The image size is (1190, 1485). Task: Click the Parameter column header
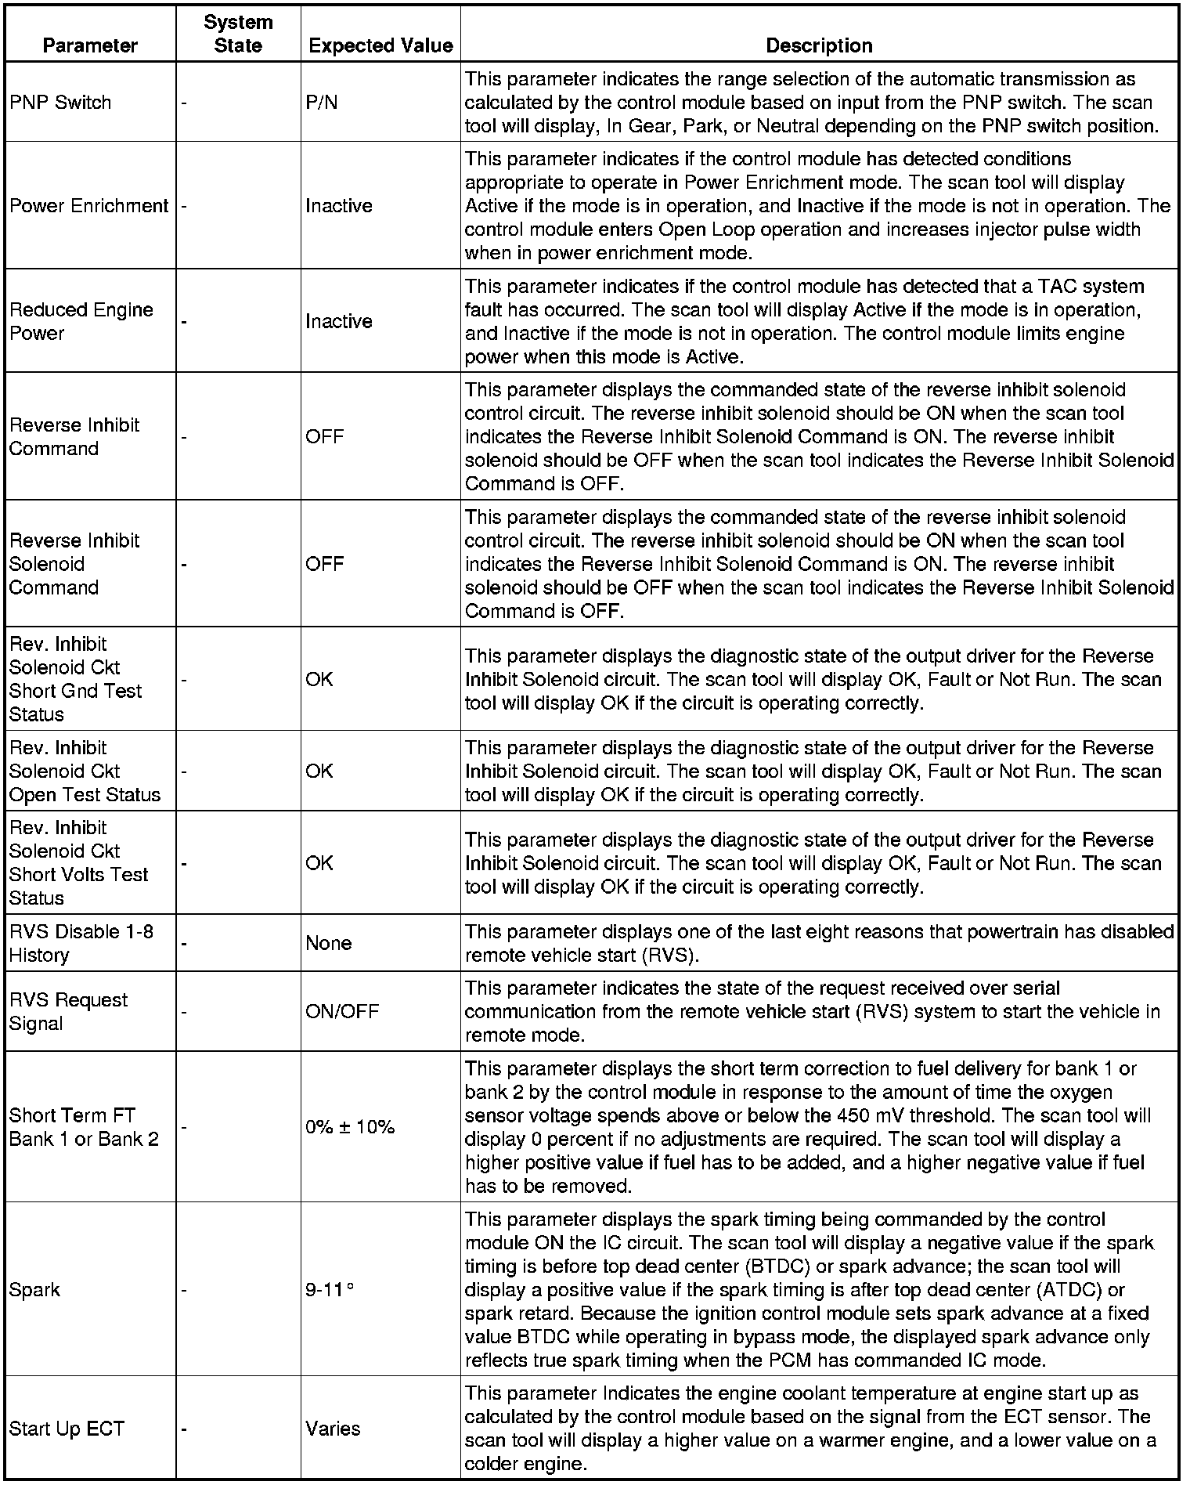pos(90,45)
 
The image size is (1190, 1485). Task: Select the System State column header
pos(238,34)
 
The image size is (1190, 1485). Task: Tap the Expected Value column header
pos(380,45)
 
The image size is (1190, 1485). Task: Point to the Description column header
pos(819,45)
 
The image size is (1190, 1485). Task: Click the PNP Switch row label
pos(60,103)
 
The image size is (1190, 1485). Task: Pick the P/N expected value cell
pos(322,103)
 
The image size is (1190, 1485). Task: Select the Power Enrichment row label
pos(89,206)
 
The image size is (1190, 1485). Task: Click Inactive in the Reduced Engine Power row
pos(339,321)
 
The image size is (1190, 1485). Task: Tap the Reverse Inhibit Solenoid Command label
pos(74,564)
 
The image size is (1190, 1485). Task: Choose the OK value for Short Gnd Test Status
pos(319,679)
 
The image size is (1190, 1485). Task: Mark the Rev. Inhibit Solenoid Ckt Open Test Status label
pos(85,771)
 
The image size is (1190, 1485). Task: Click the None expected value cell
pos(329,943)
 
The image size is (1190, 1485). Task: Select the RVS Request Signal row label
pos(68,1012)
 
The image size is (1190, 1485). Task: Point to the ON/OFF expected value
pos(342,1012)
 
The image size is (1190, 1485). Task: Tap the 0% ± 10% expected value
pos(350,1127)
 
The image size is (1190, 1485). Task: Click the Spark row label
pos(34,1290)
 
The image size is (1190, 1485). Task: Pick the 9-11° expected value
pos(329,1290)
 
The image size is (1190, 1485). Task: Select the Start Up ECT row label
pos(67,1429)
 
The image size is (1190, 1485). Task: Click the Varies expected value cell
pos(333,1429)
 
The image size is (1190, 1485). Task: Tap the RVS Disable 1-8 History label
pos(81,943)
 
